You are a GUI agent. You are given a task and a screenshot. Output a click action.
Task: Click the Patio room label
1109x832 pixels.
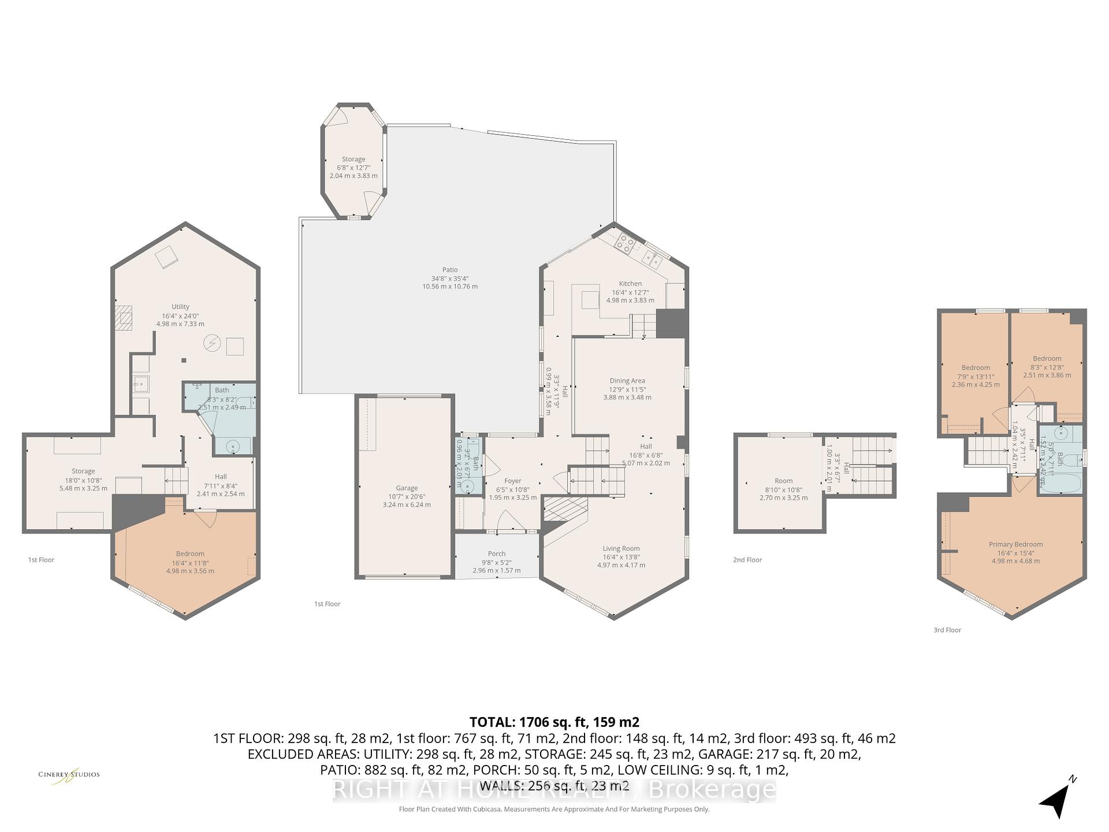click(x=450, y=270)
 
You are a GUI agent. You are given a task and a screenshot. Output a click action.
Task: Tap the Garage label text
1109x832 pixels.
click(x=407, y=488)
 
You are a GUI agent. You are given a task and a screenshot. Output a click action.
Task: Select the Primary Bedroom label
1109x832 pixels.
click(x=1015, y=544)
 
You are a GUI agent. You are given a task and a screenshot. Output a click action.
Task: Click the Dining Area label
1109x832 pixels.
click(x=627, y=381)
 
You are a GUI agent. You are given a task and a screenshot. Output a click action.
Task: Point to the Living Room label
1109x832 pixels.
click(x=621, y=548)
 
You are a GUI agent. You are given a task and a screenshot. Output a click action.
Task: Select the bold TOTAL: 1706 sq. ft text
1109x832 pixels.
click(x=554, y=722)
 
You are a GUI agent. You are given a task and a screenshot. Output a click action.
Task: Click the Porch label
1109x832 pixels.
click(x=496, y=554)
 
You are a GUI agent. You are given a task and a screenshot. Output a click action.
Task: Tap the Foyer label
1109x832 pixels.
click(x=512, y=481)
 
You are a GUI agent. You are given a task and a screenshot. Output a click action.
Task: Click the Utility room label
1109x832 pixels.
click(x=180, y=307)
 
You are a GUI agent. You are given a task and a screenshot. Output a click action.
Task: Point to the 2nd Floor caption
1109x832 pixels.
click(x=747, y=560)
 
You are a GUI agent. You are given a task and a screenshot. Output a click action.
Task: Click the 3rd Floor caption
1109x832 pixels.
click(x=947, y=630)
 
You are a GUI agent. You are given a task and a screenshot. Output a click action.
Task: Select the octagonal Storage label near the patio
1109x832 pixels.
click(x=353, y=159)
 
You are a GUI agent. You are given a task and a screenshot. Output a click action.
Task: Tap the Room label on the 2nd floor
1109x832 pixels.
click(x=783, y=481)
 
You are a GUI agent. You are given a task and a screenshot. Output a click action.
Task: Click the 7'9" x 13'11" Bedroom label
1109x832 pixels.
click(x=976, y=368)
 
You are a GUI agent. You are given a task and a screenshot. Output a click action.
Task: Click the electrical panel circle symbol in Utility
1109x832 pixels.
click(x=212, y=344)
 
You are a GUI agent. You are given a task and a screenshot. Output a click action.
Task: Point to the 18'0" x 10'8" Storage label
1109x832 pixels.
click(x=83, y=471)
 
